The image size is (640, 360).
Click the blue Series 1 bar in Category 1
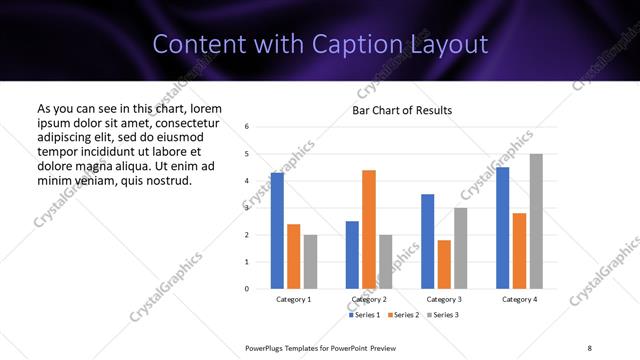coord(277,231)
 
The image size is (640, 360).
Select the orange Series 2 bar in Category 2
coord(369,229)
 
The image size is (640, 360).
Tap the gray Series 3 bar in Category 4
coord(536,221)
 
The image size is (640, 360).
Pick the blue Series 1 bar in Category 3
coord(427,241)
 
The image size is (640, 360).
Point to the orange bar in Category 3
coord(444,264)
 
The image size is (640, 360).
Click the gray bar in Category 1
coord(310,262)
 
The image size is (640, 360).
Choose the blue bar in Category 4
coord(502,228)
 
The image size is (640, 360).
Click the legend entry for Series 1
coord(363,315)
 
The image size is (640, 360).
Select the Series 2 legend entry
coord(402,315)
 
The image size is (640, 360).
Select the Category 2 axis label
coord(369,299)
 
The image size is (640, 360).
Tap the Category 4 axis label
coord(519,299)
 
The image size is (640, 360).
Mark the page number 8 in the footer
coord(589,347)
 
